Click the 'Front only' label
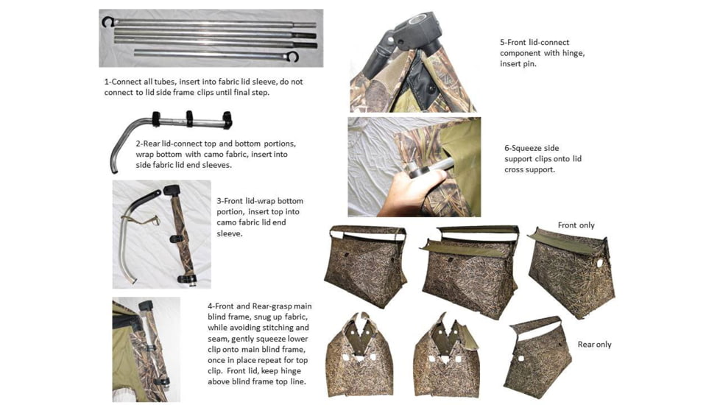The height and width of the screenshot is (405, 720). tap(576, 225)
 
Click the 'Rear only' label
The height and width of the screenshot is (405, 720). tap(594, 344)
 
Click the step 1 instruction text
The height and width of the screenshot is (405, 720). tap(203, 87)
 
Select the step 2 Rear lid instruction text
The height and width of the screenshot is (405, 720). tap(216, 154)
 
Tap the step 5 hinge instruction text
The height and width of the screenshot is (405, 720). tap(542, 53)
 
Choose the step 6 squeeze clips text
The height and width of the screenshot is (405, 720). tap(543, 158)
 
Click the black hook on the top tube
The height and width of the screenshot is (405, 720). tap(108, 22)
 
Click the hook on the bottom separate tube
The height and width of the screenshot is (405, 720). tap(294, 56)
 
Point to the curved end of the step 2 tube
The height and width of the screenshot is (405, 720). tap(116, 158)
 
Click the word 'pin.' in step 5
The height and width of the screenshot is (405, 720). tap(529, 64)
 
